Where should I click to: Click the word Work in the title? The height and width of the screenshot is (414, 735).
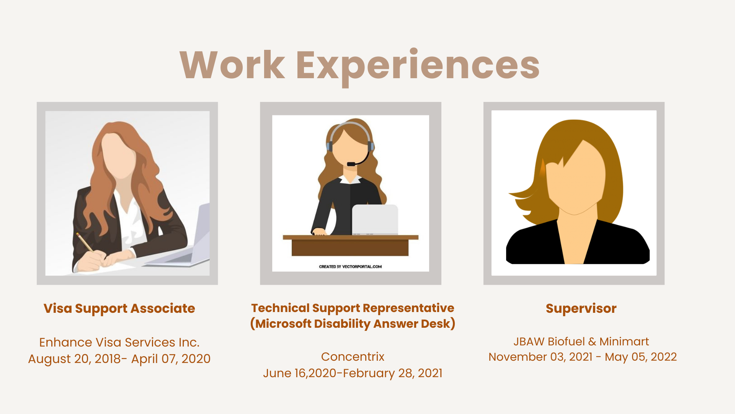point(232,65)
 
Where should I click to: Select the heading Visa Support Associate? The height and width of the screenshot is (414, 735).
point(119,309)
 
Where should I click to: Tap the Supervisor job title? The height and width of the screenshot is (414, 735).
point(581,309)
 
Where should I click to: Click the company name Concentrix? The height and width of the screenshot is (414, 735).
point(353,357)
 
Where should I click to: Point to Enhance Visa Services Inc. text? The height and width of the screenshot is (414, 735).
point(119,342)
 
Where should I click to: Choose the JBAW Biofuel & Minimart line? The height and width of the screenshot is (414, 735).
point(581,342)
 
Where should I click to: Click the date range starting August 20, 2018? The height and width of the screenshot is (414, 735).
point(119,359)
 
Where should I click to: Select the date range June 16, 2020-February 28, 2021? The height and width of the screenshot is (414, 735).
point(353,373)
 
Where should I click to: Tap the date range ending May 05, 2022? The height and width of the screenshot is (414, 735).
point(583,357)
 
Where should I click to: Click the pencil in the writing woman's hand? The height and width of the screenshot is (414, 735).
point(85,243)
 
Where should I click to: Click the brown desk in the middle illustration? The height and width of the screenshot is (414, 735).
point(350,245)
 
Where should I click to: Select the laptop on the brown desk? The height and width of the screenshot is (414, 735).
point(375,220)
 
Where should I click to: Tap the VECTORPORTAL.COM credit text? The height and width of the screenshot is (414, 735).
point(350,267)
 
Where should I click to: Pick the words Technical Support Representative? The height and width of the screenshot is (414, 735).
point(353,308)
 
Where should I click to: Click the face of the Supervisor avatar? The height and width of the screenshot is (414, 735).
point(576,180)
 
